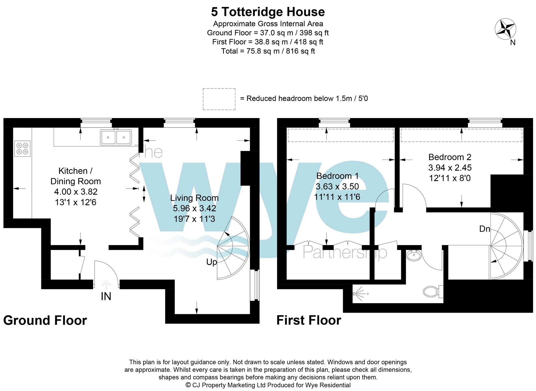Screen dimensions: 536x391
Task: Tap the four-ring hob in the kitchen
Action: coord(23,149)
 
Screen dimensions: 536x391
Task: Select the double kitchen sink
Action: coord(116,137)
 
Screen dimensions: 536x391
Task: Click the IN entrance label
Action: coord(106,296)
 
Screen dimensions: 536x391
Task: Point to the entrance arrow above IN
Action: coord(106,285)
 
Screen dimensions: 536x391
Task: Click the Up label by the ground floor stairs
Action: coord(211,262)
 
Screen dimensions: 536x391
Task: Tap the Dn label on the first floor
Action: coord(485,229)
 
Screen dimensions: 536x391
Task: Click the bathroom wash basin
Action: coord(414,255)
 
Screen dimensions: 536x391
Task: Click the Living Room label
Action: coord(194,198)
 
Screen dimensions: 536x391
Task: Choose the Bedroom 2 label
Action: coord(450,157)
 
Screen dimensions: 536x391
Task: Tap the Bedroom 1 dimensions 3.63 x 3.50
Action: coord(337,186)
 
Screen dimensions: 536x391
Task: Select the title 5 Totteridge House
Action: coord(268,12)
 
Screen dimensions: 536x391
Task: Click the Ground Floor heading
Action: coord(45,320)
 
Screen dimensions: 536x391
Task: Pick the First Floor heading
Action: coord(309,320)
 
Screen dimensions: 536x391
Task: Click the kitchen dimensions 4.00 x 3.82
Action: coord(76,192)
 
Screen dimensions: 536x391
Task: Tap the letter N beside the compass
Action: coord(513,42)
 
